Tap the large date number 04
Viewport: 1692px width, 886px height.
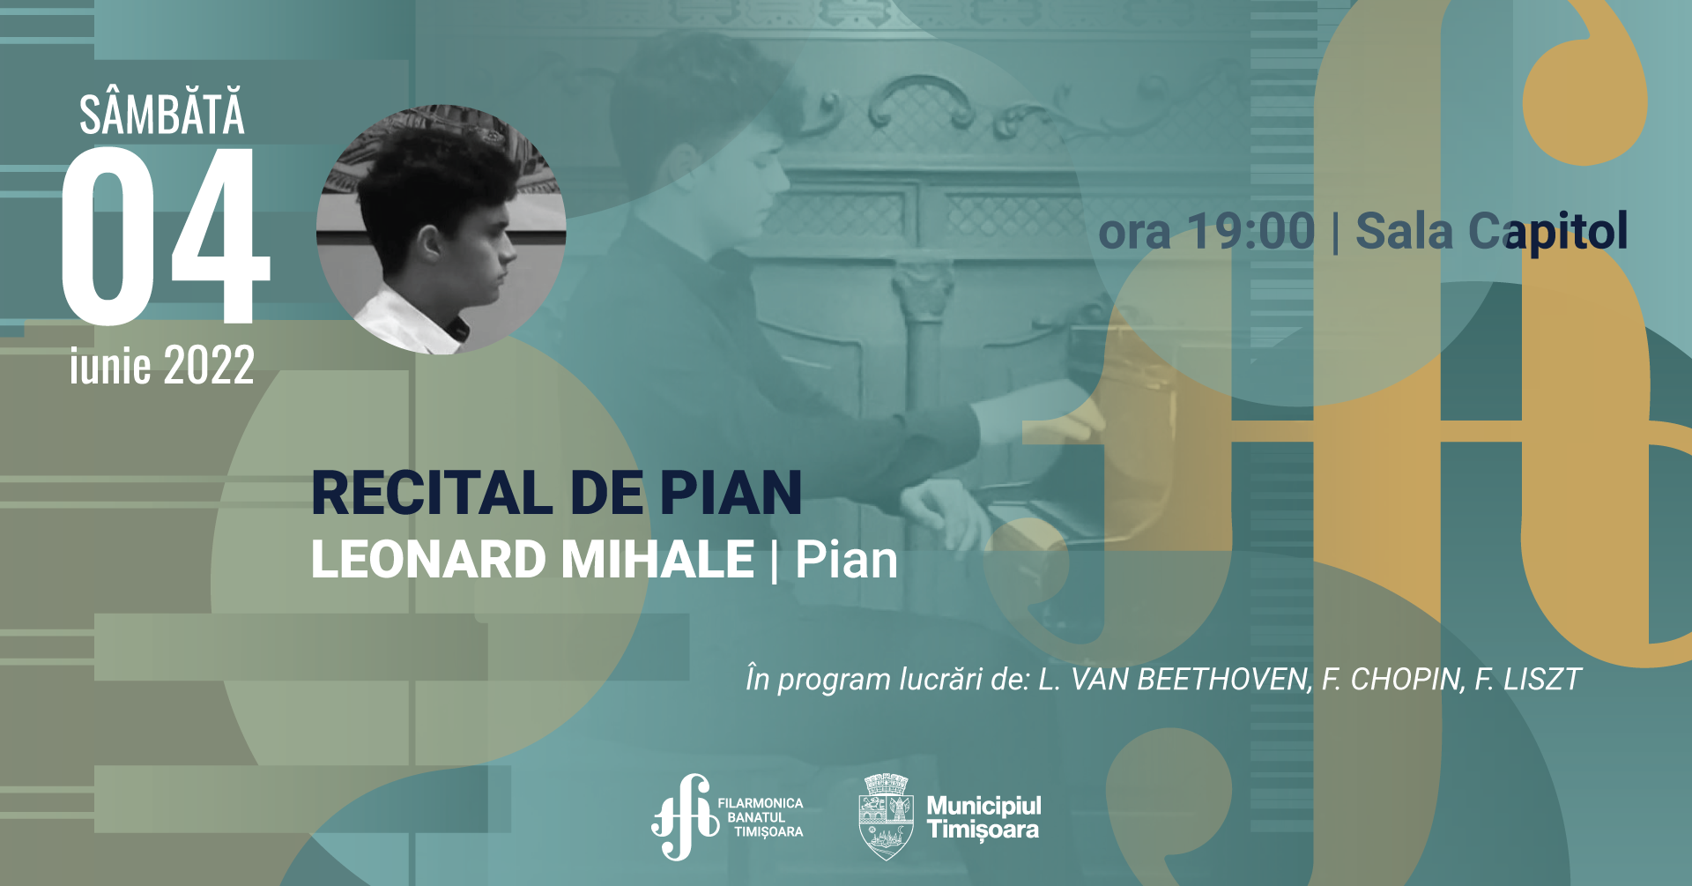[x=166, y=235]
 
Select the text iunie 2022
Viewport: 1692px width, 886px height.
[x=162, y=364]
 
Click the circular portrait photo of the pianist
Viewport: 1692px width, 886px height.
[x=441, y=230]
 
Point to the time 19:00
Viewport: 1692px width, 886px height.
[x=1250, y=232]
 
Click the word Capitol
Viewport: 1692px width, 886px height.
[x=1547, y=233]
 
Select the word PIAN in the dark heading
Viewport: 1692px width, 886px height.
[x=731, y=493]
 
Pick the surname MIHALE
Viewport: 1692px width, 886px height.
[x=657, y=560]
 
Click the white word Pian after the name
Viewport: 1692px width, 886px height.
[x=846, y=560]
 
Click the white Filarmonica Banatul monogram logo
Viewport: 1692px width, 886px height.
[x=685, y=817]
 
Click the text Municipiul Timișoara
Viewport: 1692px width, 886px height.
[x=983, y=817]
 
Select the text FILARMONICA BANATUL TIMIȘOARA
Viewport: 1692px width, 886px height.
[x=761, y=817]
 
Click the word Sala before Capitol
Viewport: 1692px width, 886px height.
[x=1404, y=232]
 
